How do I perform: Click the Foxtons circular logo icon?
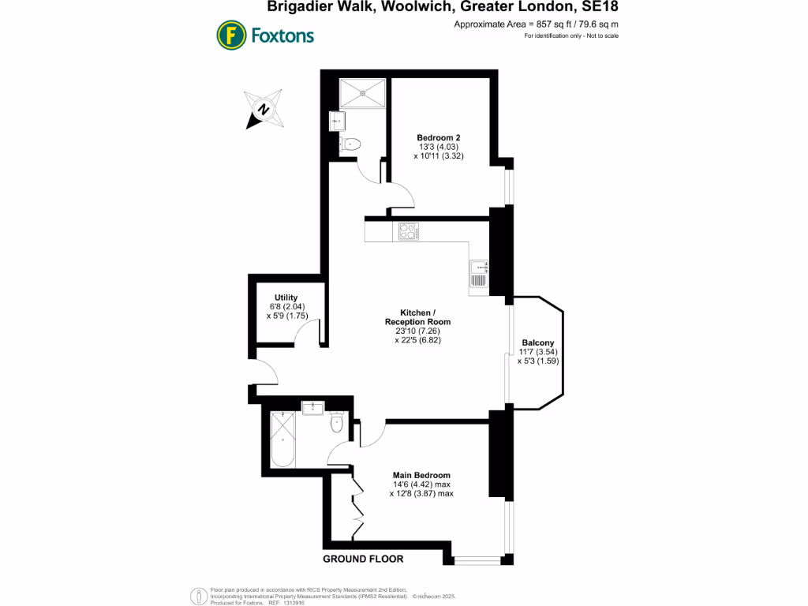(x=230, y=36)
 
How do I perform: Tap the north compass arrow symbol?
(x=264, y=110)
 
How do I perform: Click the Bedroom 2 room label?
(x=439, y=137)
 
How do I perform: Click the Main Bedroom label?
(x=421, y=475)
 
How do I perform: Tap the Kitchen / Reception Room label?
(x=417, y=316)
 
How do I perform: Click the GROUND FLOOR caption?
(x=363, y=559)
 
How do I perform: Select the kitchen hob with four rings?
(x=409, y=231)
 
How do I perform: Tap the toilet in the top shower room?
(x=353, y=144)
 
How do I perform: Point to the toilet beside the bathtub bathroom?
(x=337, y=423)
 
